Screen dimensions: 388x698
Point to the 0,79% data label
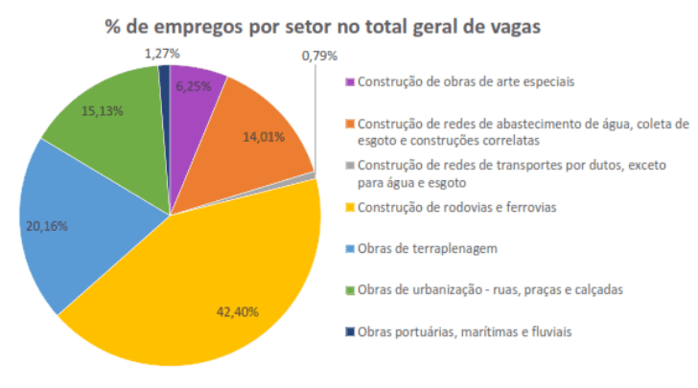point(318,56)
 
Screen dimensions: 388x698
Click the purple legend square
point(350,81)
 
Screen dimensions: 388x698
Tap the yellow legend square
point(350,207)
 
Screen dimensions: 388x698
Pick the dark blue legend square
point(350,332)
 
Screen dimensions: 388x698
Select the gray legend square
point(350,164)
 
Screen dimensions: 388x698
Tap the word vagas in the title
point(515,26)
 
